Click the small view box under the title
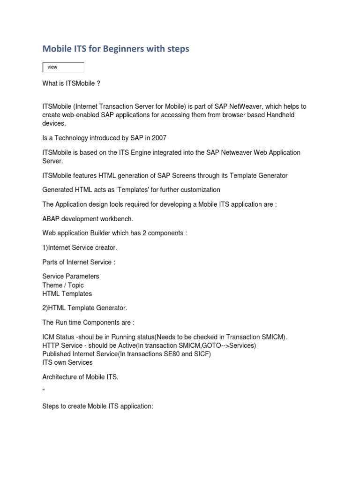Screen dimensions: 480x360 [x=63, y=67]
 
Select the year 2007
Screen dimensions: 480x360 [x=159, y=138]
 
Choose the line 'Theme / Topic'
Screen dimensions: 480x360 [x=63, y=285]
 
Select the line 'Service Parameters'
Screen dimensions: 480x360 [x=70, y=276]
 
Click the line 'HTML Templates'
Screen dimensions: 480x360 [x=67, y=294]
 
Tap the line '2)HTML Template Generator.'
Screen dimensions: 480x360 [x=84, y=308]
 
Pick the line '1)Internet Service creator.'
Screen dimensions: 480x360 [x=79, y=247]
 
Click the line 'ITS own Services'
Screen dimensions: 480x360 [x=67, y=362]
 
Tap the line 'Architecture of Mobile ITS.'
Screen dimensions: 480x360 [x=80, y=377]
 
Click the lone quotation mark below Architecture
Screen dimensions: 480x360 [x=44, y=390]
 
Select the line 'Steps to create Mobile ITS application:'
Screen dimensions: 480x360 [x=97, y=406]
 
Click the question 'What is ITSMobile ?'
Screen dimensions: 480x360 [x=71, y=83]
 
